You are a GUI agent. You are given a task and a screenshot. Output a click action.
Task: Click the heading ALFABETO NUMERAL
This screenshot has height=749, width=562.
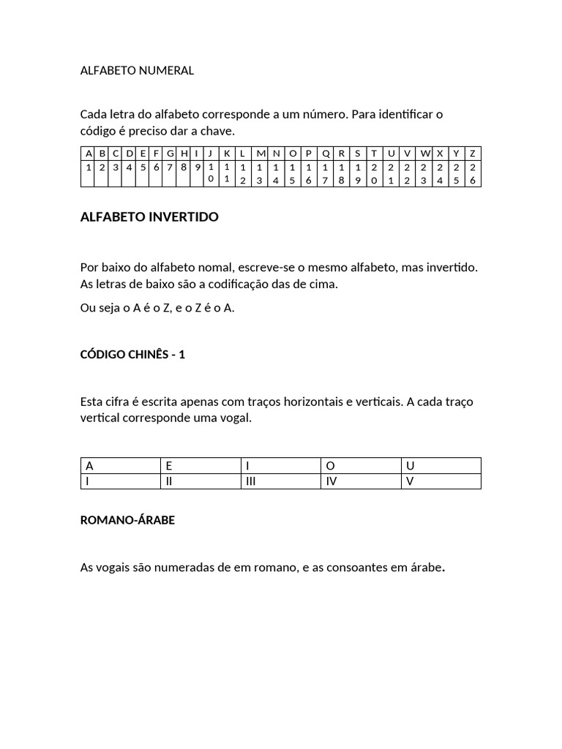[137, 71]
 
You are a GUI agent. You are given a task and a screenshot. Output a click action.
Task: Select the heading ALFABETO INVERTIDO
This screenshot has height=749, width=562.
[149, 217]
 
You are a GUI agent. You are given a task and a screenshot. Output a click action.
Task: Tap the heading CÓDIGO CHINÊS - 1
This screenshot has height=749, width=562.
[132, 354]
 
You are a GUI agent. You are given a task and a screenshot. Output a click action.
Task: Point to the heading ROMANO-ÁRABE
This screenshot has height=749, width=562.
[127, 521]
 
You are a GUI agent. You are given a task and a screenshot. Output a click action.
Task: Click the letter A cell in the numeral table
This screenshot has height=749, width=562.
[89, 153]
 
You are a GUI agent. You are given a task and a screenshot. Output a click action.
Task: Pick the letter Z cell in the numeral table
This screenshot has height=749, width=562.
[473, 153]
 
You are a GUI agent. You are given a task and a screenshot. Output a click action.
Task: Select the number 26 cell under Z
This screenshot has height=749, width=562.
[473, 173]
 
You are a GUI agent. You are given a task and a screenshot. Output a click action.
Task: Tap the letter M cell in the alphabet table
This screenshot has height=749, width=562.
[261, 153]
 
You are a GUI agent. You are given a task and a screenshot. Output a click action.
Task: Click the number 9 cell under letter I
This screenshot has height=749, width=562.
[198, 167]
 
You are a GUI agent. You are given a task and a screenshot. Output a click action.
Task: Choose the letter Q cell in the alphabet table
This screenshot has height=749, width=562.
[325, 153]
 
